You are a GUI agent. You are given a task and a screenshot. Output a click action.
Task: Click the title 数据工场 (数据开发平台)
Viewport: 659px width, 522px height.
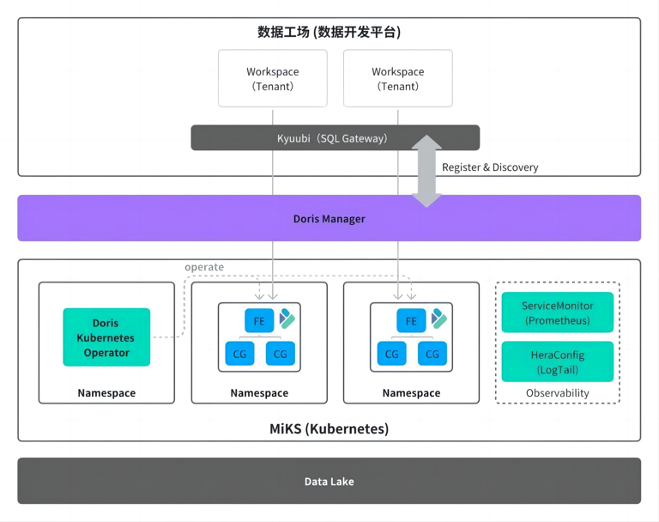(329, 33)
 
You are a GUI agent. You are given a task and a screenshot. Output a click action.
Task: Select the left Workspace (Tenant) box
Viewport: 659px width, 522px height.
(272, 78)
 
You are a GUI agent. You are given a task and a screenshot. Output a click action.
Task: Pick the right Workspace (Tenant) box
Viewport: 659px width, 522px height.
(397, 78)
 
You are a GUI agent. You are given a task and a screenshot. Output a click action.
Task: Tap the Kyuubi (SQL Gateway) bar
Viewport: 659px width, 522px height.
(335, 138)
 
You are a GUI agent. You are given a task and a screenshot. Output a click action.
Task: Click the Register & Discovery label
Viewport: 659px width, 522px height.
(490, 167)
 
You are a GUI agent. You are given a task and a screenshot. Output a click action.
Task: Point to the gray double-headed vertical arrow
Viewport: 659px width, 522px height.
(426, 171)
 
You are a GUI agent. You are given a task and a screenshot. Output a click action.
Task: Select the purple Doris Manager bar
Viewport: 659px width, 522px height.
(329, 219)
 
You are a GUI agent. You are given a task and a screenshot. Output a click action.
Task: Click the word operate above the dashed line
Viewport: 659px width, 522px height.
(204, 267)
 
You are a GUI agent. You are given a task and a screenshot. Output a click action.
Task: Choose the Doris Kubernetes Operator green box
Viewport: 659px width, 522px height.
(106, 337)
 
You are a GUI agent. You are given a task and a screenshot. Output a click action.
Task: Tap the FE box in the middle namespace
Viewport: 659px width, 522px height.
(259, 321)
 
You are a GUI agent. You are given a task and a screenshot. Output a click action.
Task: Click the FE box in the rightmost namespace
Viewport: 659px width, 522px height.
(411, 321)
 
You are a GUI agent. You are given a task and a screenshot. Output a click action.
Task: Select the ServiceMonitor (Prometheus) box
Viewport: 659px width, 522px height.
(557, 313)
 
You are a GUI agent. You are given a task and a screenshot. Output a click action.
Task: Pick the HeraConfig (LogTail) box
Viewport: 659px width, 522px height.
(557, 361)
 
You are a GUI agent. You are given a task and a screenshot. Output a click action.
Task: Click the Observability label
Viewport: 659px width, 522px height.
(557, 393)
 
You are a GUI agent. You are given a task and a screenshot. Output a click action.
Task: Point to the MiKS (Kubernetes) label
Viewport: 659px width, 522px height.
(329, 428)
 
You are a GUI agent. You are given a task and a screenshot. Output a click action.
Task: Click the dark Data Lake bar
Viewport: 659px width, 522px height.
(329, 482)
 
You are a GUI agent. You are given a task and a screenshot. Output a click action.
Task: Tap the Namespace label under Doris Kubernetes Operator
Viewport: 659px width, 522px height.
(106, 393)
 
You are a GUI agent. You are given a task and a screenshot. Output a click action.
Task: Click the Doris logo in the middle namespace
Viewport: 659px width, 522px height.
(287, 319)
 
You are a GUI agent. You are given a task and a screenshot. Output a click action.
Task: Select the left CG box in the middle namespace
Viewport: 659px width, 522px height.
(239, 354)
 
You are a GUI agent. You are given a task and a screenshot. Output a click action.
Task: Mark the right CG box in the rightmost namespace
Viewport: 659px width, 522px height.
(432, 354)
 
